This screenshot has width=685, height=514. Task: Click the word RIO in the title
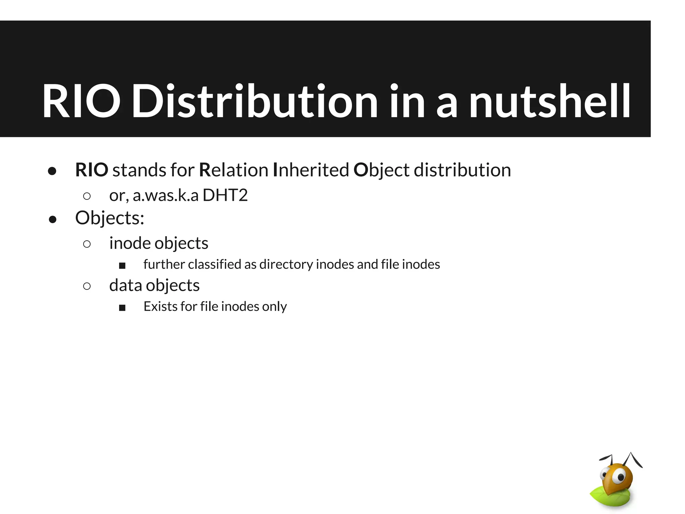click(81, 101)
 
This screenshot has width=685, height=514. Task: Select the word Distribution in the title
click(255, 101)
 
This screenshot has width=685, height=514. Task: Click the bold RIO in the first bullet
click(92, 170)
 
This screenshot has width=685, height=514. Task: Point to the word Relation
click(233, 170)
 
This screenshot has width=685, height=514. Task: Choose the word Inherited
click(311, 170)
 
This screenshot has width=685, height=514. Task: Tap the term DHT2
click(225, 195)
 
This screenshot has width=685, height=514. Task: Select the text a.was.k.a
click(166, 196)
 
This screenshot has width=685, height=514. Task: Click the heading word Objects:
click(110, 218)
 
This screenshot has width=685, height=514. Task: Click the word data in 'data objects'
click(125, 285)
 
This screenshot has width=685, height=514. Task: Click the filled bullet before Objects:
click(53, 220)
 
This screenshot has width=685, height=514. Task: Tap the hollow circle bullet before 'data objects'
click(87, 286)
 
